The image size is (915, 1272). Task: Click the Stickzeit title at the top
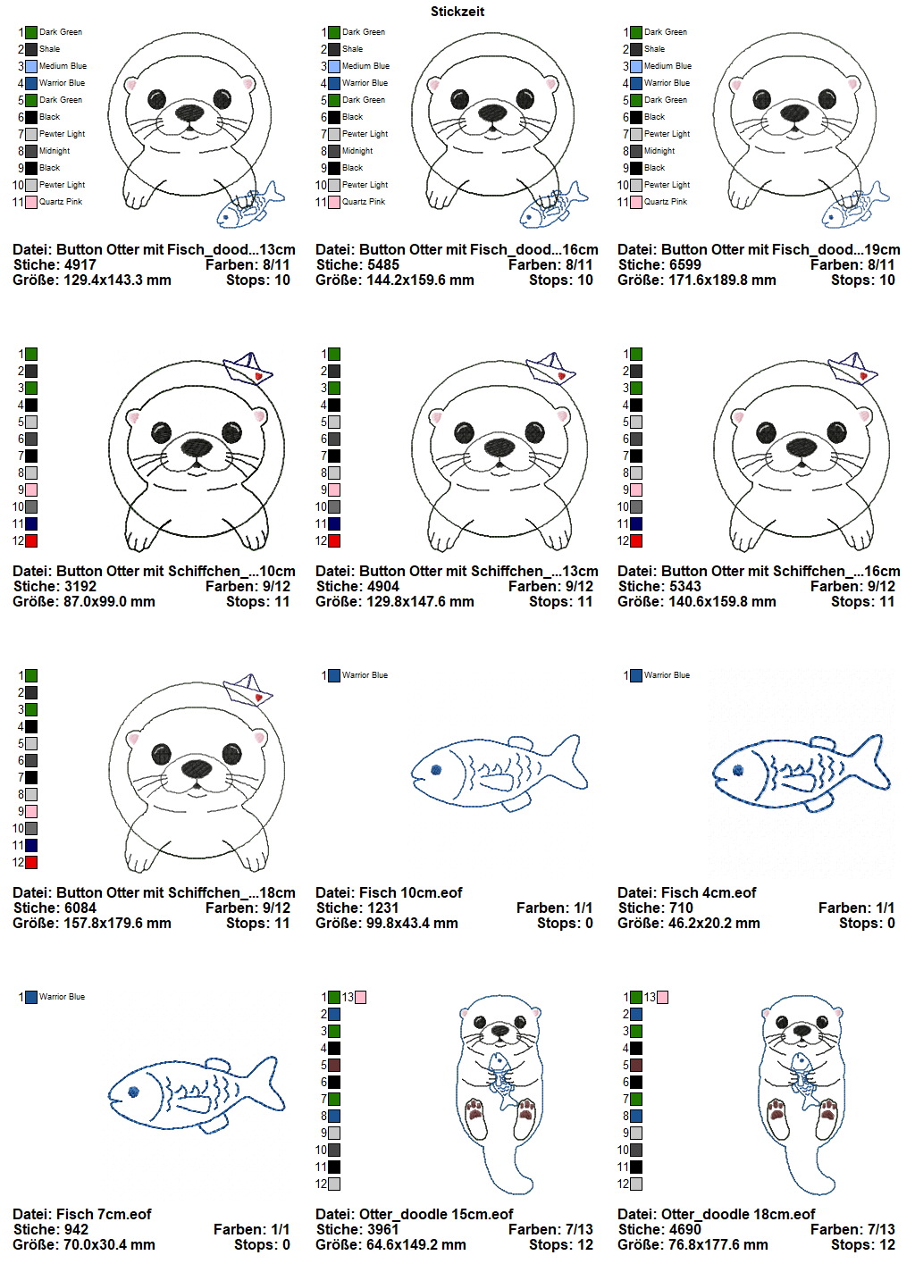tap(457, 12)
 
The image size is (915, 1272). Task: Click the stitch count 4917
tap(80, 264)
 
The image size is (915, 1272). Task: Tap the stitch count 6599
tap(684, 264)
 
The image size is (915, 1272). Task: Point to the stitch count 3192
tap(80, 586)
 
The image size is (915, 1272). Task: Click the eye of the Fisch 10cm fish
tap(436, 770)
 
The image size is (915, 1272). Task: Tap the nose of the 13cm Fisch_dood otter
tap(189, 112)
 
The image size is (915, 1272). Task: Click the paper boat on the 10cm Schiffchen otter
tap(248, 368)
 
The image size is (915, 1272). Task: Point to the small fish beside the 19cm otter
tap(855, 206)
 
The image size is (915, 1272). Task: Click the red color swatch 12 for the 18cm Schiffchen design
tap(31, 863)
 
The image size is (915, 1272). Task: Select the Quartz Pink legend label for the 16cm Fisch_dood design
tap(364, 202)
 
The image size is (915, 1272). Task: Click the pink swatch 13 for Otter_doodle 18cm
tap(662, 997)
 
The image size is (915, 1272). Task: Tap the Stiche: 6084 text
tap(55, 908)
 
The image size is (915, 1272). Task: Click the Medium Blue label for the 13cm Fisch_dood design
tap(63, 66)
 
